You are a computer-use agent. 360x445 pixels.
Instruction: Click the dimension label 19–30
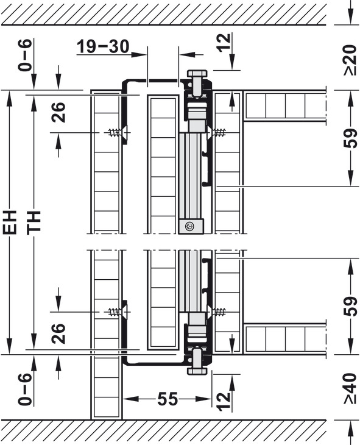pos(103,46)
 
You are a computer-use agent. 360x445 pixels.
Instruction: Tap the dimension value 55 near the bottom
pos(168,399)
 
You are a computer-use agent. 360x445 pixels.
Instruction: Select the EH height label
pos(10,222)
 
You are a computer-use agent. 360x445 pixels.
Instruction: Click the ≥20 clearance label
pos(350,60)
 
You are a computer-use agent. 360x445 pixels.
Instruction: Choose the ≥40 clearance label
pos(350,388)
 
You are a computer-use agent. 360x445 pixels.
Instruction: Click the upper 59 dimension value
pos(350,138)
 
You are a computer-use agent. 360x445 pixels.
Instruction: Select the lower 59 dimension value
pos(350,306)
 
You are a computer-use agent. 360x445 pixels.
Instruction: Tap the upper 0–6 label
pos(25,55)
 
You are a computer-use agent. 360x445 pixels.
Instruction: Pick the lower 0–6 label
pos(25,390)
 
